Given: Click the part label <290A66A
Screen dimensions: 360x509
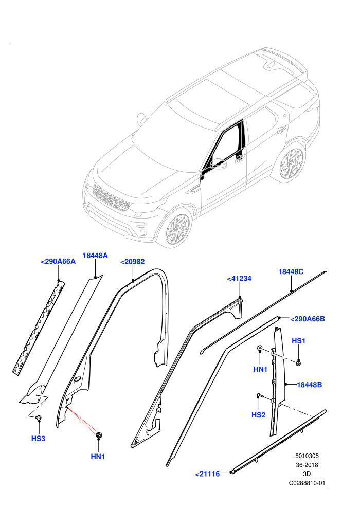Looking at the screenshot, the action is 58,261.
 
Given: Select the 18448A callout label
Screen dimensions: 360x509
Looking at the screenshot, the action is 95,256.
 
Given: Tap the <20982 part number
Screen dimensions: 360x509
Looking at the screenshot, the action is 133,262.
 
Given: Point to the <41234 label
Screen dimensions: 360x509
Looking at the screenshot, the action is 239,279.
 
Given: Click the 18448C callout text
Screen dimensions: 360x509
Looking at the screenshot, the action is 291,271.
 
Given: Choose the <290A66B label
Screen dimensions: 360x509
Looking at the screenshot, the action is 308,319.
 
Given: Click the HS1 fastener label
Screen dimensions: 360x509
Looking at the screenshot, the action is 299,341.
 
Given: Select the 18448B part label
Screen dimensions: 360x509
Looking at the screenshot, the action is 310,385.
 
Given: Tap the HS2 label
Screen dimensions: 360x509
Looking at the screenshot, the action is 258,415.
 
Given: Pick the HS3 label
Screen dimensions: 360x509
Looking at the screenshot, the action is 38,439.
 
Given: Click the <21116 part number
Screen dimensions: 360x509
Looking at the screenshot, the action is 207,474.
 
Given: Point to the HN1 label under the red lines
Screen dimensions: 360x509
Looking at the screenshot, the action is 98,457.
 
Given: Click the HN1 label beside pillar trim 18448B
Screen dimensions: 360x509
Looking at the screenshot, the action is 260,370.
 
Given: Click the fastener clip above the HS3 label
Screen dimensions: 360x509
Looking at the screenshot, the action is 39,418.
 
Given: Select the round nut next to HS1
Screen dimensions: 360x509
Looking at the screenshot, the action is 298,362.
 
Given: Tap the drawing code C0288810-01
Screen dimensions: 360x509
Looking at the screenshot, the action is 307,483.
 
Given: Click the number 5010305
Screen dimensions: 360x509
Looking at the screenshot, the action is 307,456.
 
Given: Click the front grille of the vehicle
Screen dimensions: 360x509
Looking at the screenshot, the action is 112,197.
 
